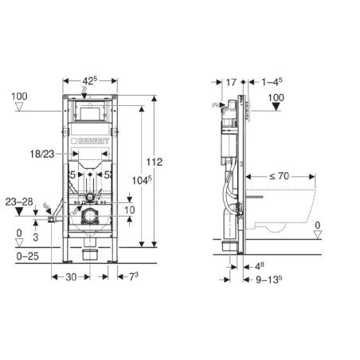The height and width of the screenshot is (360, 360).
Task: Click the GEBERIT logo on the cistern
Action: coord(90,141)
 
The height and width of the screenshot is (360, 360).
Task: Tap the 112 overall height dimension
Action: coord(155,162)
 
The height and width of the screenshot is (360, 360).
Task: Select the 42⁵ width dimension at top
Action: coord(90,80)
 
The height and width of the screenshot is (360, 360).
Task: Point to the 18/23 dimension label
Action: coord(42,154)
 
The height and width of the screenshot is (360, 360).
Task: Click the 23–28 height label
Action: coord(19,202)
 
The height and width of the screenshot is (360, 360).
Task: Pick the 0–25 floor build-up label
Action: coord(28,256)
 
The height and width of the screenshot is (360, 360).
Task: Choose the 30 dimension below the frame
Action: coord(71,277)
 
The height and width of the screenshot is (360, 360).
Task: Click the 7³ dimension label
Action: coord(134,276)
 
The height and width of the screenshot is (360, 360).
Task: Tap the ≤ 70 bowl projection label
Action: coord(279,176)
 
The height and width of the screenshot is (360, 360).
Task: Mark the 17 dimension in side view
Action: coord(231,82)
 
